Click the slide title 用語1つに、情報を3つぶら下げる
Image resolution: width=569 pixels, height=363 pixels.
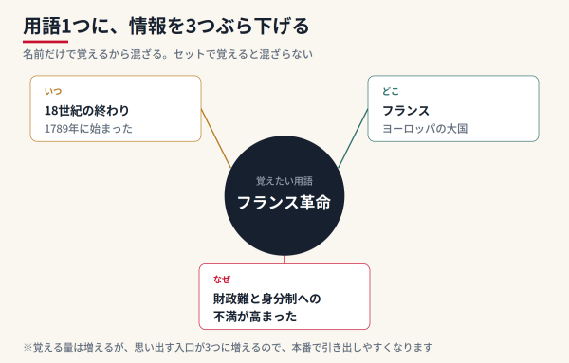pyautogui.click(x=166, y=27)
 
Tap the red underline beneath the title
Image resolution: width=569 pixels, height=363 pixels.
pyautogui.click(x=46, y=42)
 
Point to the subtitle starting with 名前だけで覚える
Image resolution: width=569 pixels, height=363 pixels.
pyautogui.click(x=168, y=54)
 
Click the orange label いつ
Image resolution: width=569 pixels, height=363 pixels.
pyautogui.click(x=53, y=91)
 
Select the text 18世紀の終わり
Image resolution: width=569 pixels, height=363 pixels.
pyautogui.click(x=86, y=110)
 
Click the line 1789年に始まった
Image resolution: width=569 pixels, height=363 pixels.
pyautogui.click(x=88, y=129)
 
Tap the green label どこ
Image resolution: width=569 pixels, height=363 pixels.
pyautogui.click(x=391, y=91)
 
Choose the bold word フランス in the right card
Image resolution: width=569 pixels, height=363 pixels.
pyautogui.click(x=406, y=110)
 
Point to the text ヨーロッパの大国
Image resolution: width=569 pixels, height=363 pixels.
pyautogui.click(x=425, y=129)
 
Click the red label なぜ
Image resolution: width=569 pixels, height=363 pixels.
pyautogui.click(x=222, y=280)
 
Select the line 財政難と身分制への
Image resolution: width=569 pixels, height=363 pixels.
pyautogui.click(x=267, y=299)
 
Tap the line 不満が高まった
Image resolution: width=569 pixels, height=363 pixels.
pyautogui.click(x=255, y=317)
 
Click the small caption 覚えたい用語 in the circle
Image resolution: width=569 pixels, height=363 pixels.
pyautogui.click(x=284, y=181)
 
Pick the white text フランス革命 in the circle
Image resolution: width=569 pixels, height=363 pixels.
pyautogui.click(x=284, y=203)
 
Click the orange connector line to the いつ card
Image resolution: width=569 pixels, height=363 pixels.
pyautogui.click(x=216, y=138)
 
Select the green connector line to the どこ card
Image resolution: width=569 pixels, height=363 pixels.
pyautogui.click(x=353, y=138)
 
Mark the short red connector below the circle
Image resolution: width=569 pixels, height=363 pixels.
pyautogui.click(x=284, y=260)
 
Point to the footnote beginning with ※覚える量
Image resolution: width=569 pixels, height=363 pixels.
pyautogui.click(x=228, y=348)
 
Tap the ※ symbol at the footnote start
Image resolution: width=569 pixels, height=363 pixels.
pyautogui.click(x=28, y=348)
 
